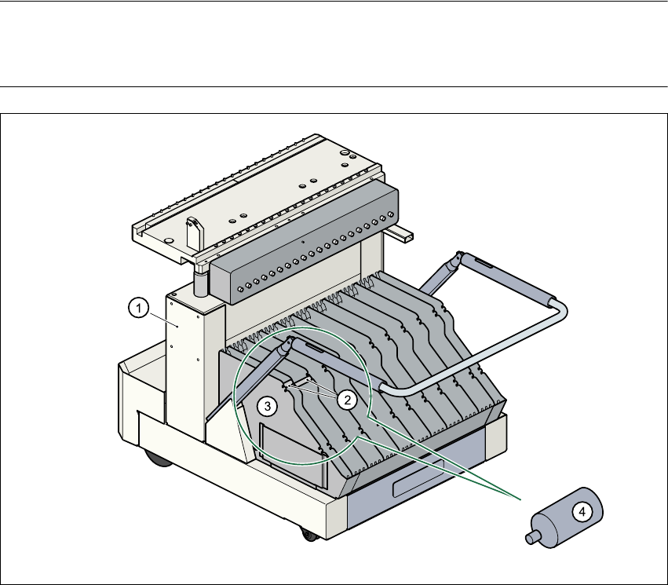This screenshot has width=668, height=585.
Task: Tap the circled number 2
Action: (x=346, y=398)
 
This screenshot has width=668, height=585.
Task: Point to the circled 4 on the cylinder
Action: (x=582, y=512)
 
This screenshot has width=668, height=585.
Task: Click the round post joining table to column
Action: (x=200, y=281)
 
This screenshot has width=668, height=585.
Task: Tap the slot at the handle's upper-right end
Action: (x=480, y=266)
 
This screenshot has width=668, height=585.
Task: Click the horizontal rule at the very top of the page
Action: (x=334, y=2)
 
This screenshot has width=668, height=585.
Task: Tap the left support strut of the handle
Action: (x=259, y=372)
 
